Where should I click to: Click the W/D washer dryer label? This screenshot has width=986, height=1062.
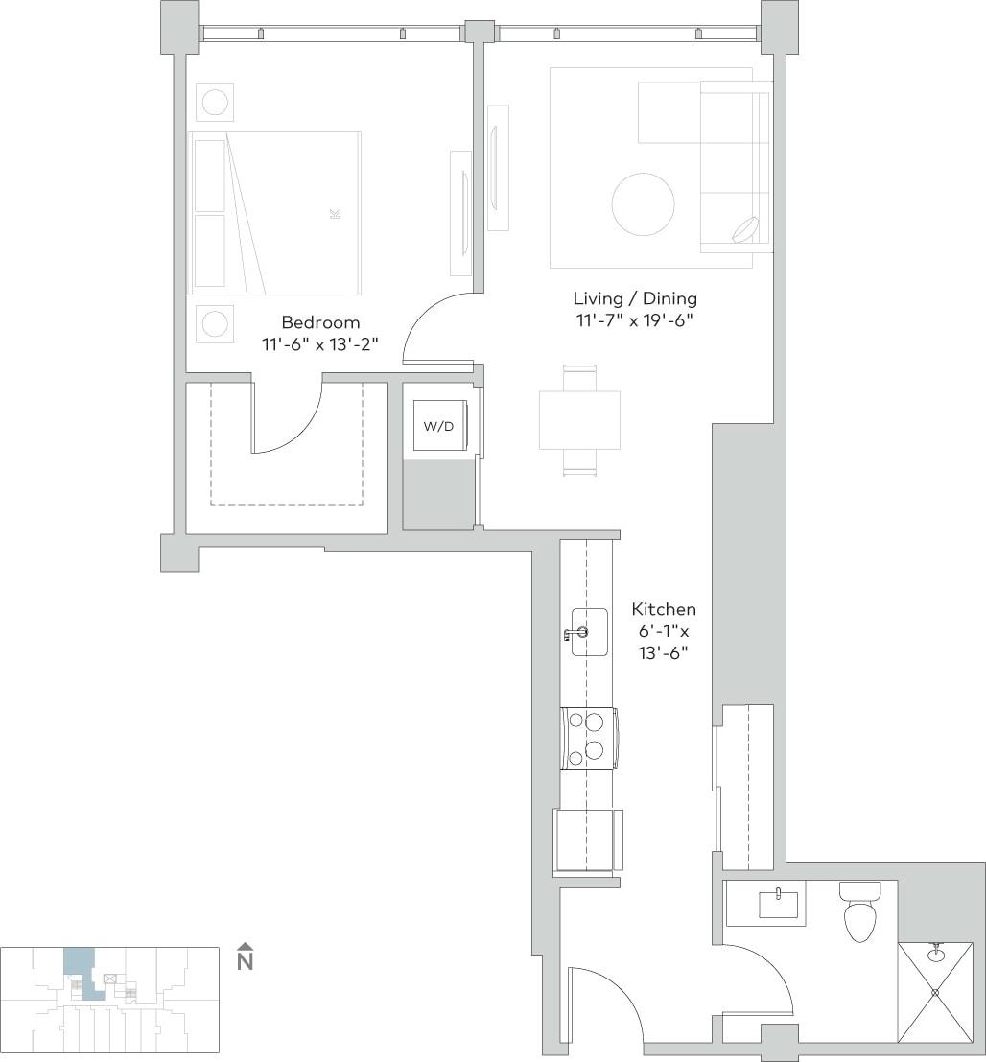[x=438, y=426]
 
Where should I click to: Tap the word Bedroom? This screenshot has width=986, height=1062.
[x=320, y=322]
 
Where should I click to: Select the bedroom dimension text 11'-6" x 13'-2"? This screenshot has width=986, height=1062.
[x=320, y=344]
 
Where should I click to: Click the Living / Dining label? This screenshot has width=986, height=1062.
[x=635, y=298]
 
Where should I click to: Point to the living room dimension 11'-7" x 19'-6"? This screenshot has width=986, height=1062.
[x=635, y=320]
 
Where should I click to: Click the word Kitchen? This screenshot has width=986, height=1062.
[x=664, y=609]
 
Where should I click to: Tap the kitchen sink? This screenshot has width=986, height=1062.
[x=589, y=632]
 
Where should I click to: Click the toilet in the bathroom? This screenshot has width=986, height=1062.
[x=858, y=914]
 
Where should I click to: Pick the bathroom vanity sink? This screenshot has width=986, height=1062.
[x=778, y=904]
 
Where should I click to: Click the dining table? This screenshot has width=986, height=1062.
[x=579, y=420]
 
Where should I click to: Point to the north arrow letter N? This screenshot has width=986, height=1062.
[x=246, y=962]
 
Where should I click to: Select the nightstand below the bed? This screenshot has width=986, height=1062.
[x=214, y=324]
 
